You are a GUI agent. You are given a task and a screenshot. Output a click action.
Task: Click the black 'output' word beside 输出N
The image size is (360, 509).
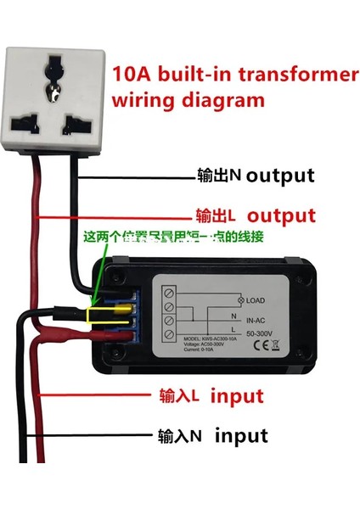pyautogui.click(x=280, y=176)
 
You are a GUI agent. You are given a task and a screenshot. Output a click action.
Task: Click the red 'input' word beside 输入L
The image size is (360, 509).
pyautogui.click(x=237, y=396)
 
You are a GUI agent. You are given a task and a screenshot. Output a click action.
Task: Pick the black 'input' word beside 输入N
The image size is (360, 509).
pyautogui.click(x=241, y=436)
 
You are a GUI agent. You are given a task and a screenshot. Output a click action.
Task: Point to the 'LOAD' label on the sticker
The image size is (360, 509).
pyautogui.click(x=258, y=300)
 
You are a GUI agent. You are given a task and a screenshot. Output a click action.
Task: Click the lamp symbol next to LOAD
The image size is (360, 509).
pyautogui.click(x=240, y=300)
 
